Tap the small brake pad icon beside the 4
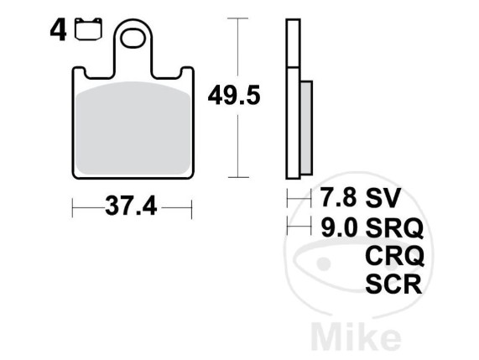coord(85,32)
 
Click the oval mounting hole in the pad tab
coord(134,39)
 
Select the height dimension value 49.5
coord(234,94)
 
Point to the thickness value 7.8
coord(336,198)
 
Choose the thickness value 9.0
coord(336,227)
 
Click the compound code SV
coord(383,198)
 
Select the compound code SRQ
coord(395,227)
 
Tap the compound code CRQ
coord(395,255)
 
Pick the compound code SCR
coord(395,284)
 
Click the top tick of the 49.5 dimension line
coord(241,18)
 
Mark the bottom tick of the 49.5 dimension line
coord(241,177)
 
